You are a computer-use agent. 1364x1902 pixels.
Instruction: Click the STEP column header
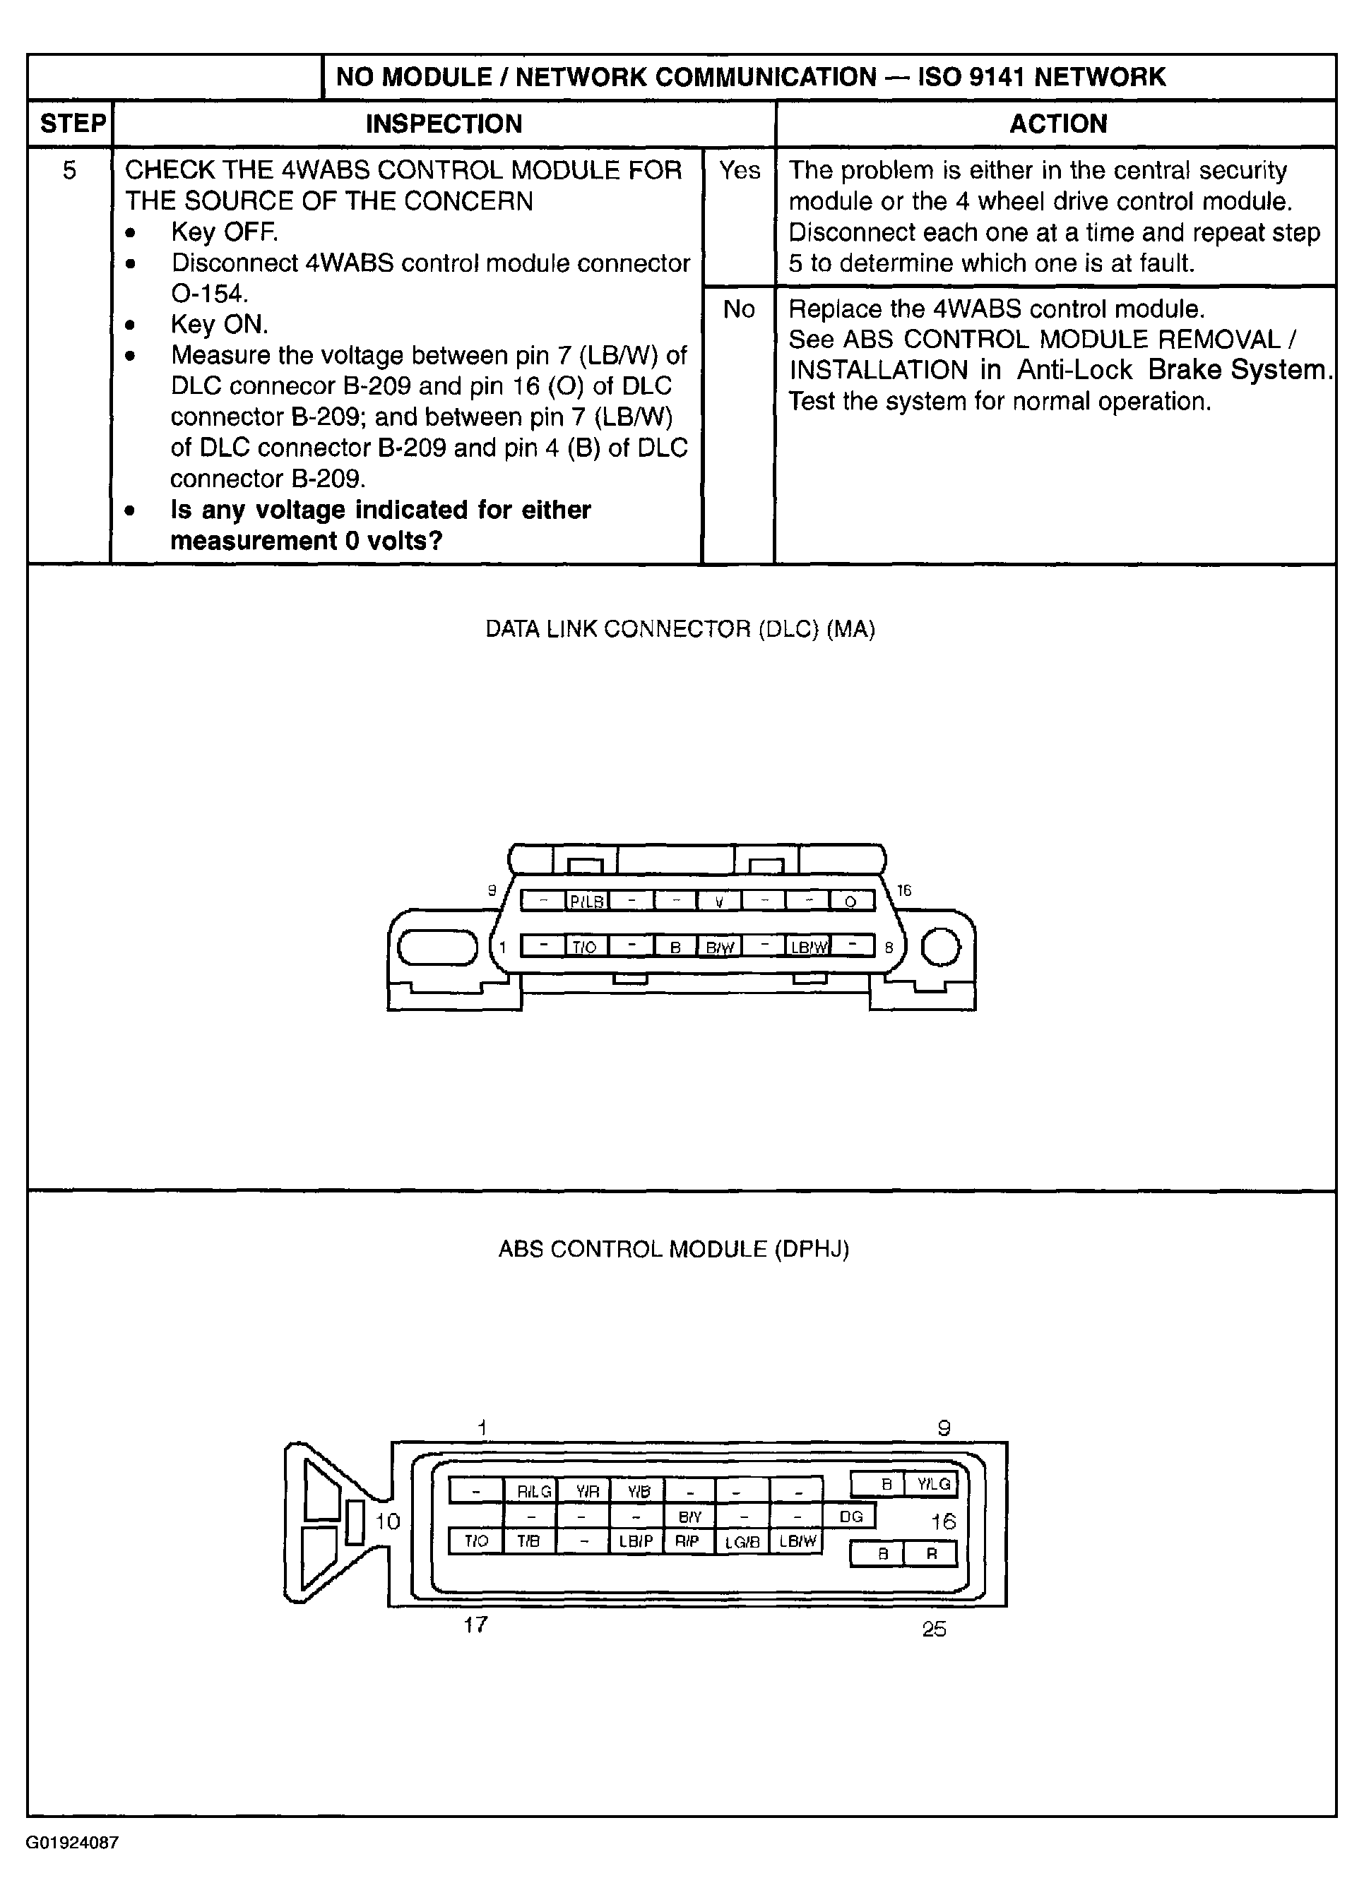tap(72, 124)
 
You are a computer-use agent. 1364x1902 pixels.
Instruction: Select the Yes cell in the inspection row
tap(739, 170)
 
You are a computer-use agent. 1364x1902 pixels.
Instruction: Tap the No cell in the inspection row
tap(738, 309)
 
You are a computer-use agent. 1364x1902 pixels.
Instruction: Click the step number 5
tap(70, 171)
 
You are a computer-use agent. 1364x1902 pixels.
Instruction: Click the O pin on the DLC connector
tap(850, 902)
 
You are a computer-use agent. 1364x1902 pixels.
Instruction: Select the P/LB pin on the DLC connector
tap(586, 902)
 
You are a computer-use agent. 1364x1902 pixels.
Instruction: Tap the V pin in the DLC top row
tap(719, 902)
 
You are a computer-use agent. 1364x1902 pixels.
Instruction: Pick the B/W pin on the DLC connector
tap(719, 947)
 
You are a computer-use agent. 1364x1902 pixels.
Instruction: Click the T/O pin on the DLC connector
tap(585, 947)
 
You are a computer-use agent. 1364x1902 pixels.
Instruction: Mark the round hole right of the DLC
tap(941, 947)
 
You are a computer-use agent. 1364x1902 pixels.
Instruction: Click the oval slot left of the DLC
tap(437, 947)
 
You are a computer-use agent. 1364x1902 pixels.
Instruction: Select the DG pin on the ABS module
tap(850, 1517)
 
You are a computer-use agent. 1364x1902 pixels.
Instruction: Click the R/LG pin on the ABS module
tap(533, 1491)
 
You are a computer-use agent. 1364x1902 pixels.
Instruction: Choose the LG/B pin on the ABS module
tap(742, 1541)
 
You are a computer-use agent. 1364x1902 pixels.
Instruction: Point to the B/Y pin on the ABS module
tap(689, 1517)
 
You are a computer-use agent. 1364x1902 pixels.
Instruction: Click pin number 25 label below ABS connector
tap(934, 1629)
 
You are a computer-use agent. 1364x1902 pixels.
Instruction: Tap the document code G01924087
tap(72, 1866)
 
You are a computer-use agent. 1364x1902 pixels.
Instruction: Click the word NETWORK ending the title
tap(1100, 77)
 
